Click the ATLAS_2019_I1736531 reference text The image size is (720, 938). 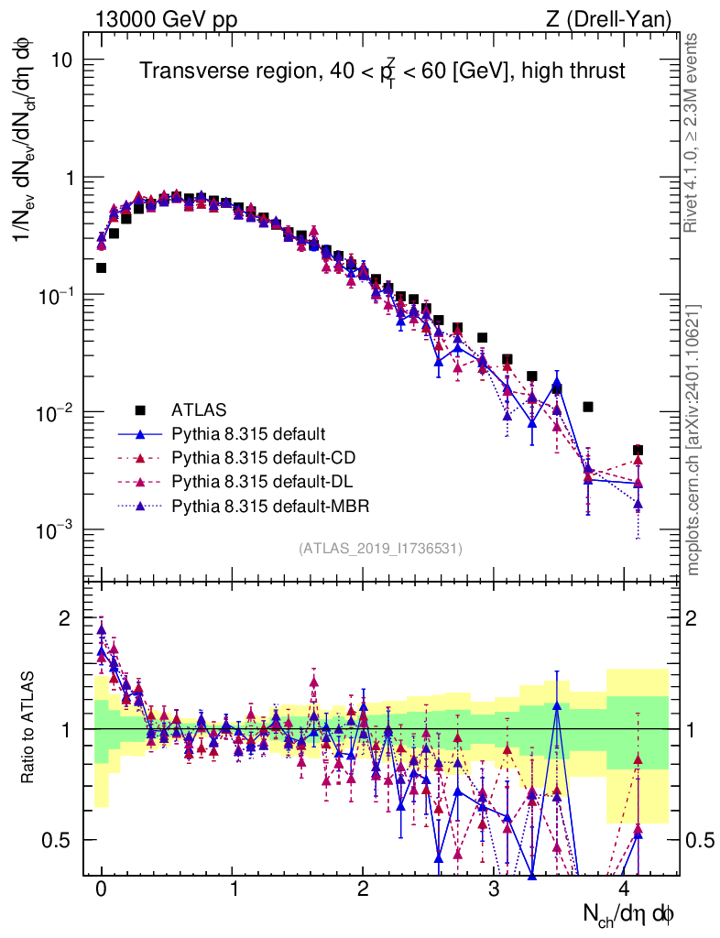pos(380,549)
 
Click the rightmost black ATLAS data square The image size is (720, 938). pos(638,451)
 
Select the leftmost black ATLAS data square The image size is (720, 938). pos(101,268)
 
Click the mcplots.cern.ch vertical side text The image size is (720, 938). pos(693,440)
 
